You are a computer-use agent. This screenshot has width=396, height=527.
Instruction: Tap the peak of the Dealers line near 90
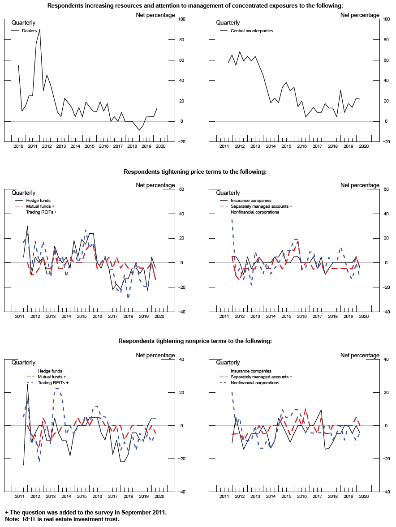pyautogui.click(x=39, y=30)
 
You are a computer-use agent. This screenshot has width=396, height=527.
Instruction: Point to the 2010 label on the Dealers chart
pyautogui.click(x=18, y=146)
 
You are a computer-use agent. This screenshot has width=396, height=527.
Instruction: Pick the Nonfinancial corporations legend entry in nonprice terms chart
pyautogui.click(x=254, y=383)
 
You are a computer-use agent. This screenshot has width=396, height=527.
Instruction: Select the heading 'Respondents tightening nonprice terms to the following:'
pyautogui.click(x=195, y=341)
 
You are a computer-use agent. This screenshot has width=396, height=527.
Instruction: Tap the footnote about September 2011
pyautogui.click(x=86, y=512)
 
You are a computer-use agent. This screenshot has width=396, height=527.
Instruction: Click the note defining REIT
pyautogui.click(x=62, y=519)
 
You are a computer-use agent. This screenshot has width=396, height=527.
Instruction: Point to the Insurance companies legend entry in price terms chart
pyautogui.click(x=251, y=201)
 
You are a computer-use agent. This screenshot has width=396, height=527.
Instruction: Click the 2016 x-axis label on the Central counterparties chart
pyautogui.click(x=302, y=146)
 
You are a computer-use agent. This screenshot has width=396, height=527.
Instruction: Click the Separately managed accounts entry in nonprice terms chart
pyautogui.click(x=261, y=377)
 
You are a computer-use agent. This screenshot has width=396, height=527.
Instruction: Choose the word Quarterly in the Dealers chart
pyautogui.click(x=23, y=22)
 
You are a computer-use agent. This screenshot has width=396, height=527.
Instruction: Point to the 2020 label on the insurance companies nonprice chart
pyautogui.click(x=364, y=497)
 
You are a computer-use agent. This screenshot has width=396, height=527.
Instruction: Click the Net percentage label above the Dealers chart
pyautogui.click(x=155, y=15)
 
